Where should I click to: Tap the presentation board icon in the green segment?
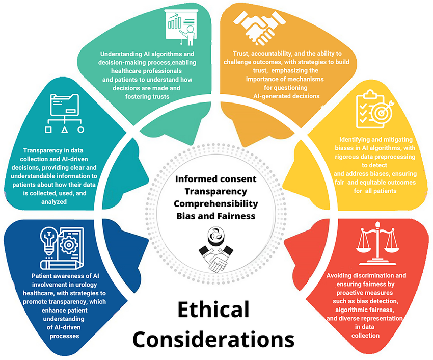(x=181, y=27)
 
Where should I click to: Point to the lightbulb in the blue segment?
(x=49, y=242)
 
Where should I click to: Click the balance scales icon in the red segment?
(x=377, y=243)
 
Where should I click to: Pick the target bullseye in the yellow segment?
(x=382, y=112)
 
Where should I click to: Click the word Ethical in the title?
(x=213, y=310)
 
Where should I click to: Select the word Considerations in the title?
(x=213, y=339)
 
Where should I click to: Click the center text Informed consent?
(x=215, y=179)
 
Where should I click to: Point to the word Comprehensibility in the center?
(x=215, y=204)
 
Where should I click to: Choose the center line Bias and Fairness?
(x=215, y=216)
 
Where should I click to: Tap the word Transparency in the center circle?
(x=215, y=191)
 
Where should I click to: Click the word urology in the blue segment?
(x=85, y=285)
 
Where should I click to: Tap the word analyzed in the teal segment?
(x=54, y=202)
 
